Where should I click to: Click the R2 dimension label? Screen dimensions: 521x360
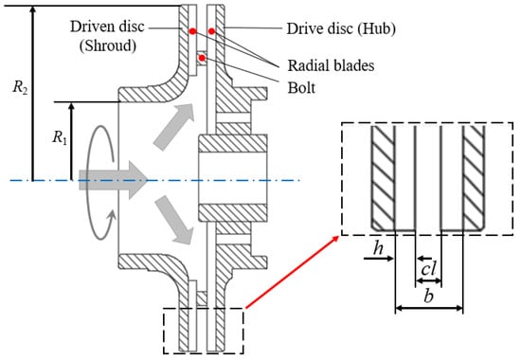(20, 88)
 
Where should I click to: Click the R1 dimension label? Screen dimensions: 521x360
(60, 137)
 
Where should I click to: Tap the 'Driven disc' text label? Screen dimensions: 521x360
(107, 27)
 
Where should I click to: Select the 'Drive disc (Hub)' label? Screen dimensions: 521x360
(341, 28)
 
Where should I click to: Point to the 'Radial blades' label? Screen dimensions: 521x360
(331, 65)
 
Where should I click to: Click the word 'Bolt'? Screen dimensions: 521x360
(301, 88)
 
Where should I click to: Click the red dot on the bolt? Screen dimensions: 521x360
(202, 58)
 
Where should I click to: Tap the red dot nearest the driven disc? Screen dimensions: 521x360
(192, 31)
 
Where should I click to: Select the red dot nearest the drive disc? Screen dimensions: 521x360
(211, 31)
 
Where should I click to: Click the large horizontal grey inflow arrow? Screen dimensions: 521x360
(113, 180)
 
